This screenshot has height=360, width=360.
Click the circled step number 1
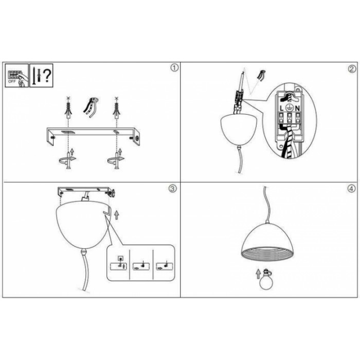(x=174, y=68)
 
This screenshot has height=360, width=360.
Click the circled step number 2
(x=352, y=69)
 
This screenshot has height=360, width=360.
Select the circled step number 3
(x=173, y=189)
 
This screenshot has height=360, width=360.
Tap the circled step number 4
(x=351, y=189)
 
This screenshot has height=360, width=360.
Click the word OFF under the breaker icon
(x=12, y=81)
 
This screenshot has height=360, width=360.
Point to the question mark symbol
(x=47, y=76)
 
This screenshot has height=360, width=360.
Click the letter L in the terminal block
(x=282, y=108)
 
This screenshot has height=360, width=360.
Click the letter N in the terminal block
(x=297, y=108)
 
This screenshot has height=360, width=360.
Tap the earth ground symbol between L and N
(x=290, y=108)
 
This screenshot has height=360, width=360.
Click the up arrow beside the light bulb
(x=258, y=274)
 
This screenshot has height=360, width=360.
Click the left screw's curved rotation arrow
(x=67, y=160)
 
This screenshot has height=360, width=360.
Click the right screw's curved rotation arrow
(x=116, y=160)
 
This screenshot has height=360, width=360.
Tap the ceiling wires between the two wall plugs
(x=91, y=107)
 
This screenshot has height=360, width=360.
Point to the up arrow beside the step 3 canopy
(x=117, y=214)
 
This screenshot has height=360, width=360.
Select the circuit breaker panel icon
(x=17, y=76)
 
